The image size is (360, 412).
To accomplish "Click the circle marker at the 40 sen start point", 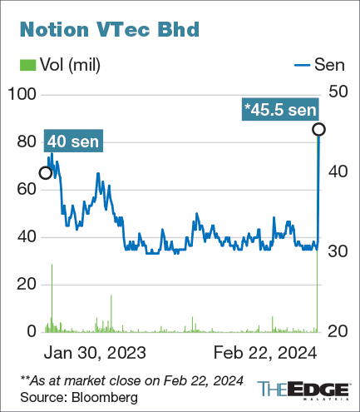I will [47, 173].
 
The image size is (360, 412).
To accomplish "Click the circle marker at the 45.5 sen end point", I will [318, 129].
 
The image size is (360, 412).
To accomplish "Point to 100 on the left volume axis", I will [23, 95].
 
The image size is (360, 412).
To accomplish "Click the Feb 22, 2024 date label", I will [264, 352].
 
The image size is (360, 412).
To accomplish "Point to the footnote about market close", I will [131, 380].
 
